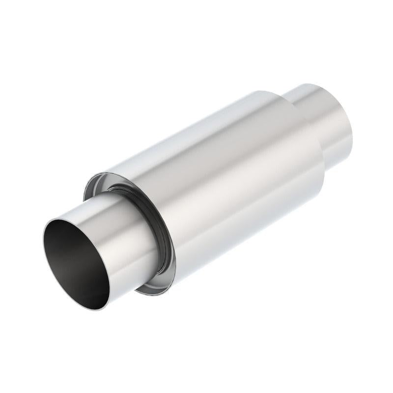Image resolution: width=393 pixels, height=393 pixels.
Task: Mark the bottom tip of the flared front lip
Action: pyautogui.click(x=140, y=295)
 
